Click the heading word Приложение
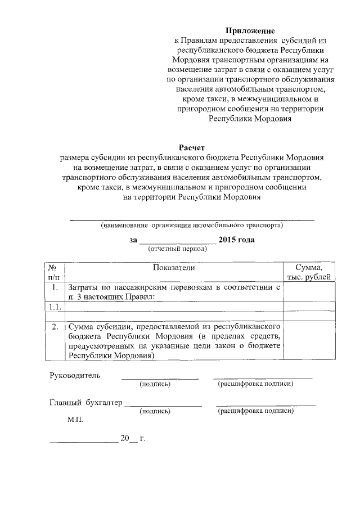pyautogui.click(x=250, y=30)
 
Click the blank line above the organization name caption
pyautogui.click(x=192, y=218)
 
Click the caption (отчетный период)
pyautogui.click(x=177, y=248)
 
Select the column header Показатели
pyautogui.click(x=173, y=267)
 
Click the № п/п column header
pyautogui.click(x=54, y=272)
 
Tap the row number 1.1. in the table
pyautogui.click(x=54, y=306)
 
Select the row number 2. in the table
pyautogui.click(x=54, y=326)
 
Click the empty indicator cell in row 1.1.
pyautogui.click(x=173, y=306)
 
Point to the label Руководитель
pyautogui.click(x=75, y=375)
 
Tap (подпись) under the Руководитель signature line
pyautogui.click(x=155, y=384)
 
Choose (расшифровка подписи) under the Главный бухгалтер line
pyautogui.click(x=256, y=411)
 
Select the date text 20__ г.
pyautogui.click(x=133, y=438)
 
